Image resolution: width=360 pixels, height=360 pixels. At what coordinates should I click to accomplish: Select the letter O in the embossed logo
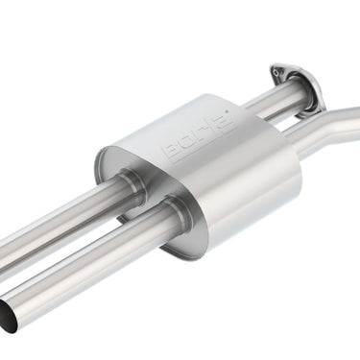188,142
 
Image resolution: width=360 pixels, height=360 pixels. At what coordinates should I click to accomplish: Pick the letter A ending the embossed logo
228,120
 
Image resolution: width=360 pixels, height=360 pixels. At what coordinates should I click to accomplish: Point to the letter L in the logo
203,133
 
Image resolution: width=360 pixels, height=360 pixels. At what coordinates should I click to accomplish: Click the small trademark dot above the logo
227,111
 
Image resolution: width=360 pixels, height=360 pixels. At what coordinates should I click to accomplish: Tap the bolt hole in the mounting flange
276,71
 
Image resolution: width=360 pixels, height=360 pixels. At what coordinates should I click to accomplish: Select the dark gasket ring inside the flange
305,93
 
